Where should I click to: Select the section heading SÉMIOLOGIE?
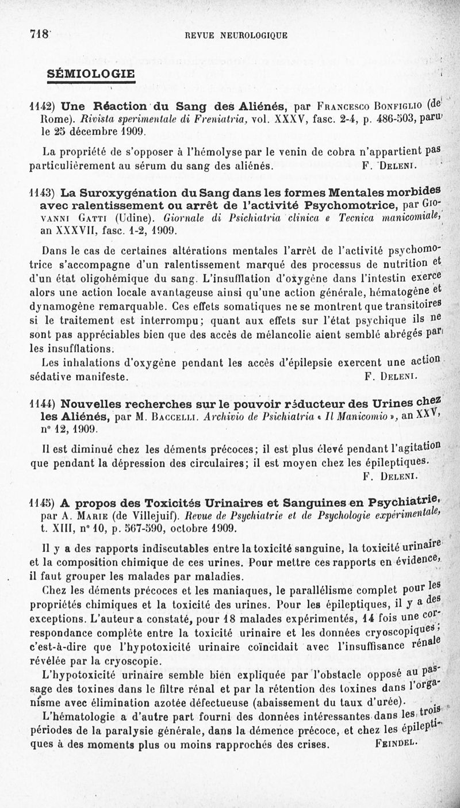click(91, 74)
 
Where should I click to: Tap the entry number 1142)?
click(43, 106)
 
